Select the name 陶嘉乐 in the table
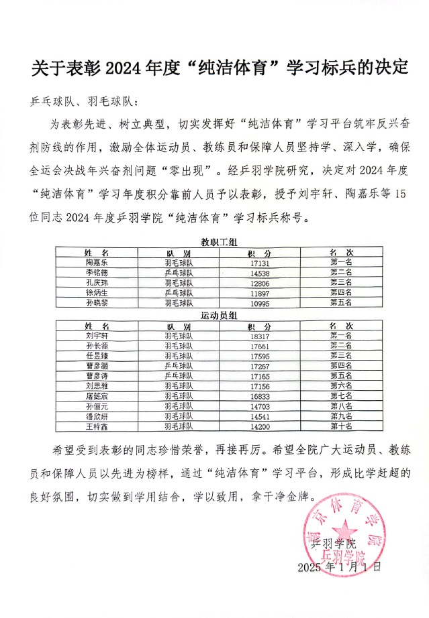(97, 263)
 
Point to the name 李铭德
(97, 273)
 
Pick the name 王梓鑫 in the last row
(97, 426)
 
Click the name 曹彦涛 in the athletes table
(97, 376)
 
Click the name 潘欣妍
(97, 416)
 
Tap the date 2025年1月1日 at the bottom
(339, 567)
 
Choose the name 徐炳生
(97, 294)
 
